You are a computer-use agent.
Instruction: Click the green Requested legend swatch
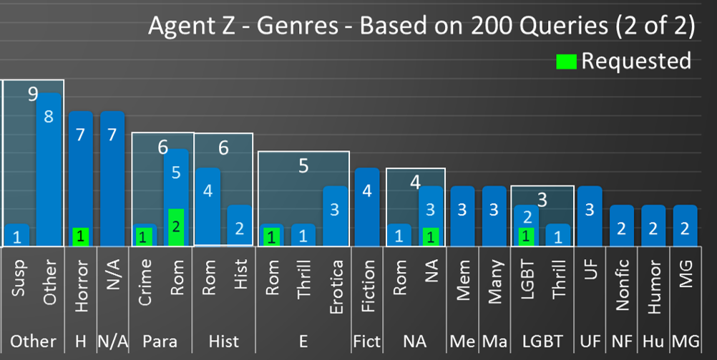[566, 62]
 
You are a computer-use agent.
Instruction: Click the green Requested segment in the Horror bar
[81, 236]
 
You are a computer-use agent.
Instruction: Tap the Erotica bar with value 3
[336, 215]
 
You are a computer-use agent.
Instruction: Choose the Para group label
[160, 341]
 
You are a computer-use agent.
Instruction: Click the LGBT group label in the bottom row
[542, 341]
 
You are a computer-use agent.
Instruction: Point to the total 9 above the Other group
[33, 94]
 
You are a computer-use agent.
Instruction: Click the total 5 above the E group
[303, 166]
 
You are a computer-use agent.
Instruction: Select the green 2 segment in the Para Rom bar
[176, 228]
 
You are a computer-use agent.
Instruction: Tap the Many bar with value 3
[494, 215]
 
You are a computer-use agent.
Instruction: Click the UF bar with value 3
[590, 215]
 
